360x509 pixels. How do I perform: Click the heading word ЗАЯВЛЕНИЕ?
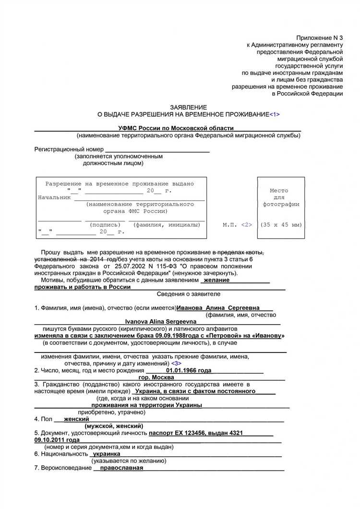pos(189,107)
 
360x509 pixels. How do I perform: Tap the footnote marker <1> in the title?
pos(274,114)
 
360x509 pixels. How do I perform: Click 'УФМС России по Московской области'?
pos(176,128)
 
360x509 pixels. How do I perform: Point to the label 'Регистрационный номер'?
pos(69,149)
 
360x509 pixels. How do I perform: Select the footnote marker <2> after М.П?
pos(246,224)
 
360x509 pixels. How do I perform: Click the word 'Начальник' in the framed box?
pos(54,197)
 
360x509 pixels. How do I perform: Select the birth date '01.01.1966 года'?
pos(189,371)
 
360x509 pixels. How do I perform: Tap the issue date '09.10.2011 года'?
pos(57,440)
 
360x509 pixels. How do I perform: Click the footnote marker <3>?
pos(176,364)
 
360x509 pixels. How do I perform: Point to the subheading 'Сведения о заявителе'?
pos(189,294)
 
